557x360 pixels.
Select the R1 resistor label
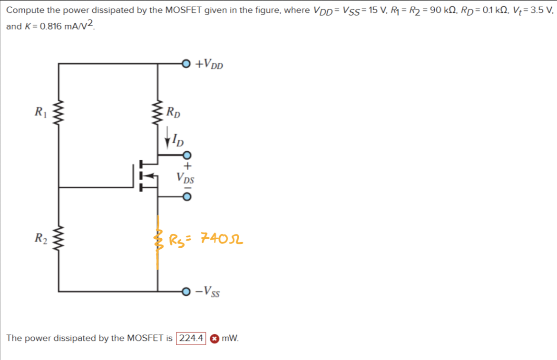pos(40,113)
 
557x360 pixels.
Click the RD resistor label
pos(173,113)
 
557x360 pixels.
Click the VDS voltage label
pos(186,179)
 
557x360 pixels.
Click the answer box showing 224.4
pos(191,339)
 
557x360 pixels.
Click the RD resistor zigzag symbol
pos(158,113)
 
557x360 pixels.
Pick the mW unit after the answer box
pos(230,339)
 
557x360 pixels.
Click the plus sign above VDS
pos(188,166)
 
